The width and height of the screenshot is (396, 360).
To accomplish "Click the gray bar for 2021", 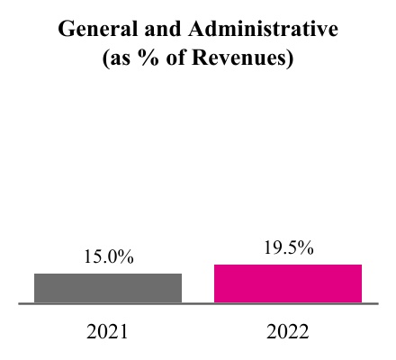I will (108, 288).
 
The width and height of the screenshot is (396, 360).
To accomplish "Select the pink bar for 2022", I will (288, 283).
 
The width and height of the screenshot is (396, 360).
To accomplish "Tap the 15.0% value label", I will (108, 257).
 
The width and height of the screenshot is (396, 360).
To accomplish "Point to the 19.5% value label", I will (288, 248).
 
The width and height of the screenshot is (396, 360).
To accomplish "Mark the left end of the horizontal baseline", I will (21, 304).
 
